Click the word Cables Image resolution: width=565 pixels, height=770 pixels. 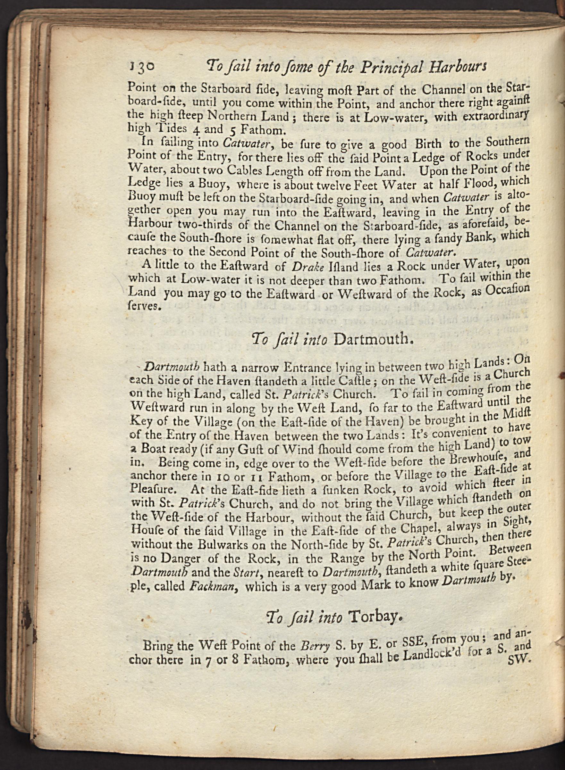pos(254,170)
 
